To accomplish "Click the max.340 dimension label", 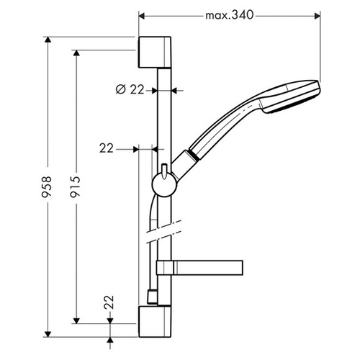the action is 229,16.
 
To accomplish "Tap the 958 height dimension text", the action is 46,186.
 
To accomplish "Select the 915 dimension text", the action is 75,186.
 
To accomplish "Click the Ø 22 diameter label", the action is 130,90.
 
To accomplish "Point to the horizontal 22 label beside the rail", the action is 106,148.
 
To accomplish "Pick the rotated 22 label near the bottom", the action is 109,302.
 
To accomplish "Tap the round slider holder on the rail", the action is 165,185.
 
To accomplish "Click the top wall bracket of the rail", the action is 155,52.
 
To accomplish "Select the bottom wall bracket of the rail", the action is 155,322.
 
